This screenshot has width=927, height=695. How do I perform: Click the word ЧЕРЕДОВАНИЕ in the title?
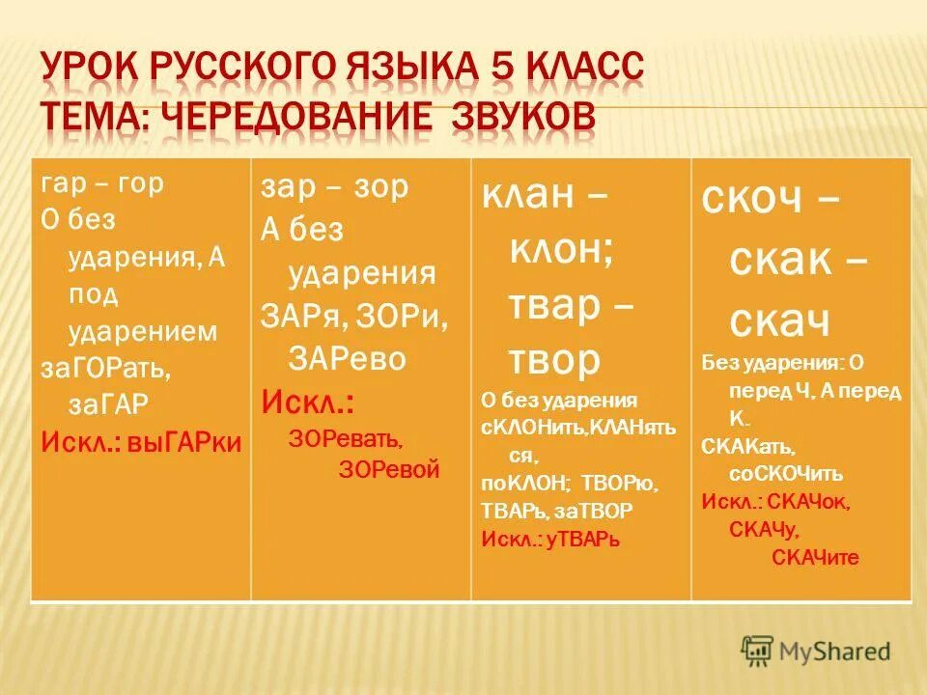point(293,116)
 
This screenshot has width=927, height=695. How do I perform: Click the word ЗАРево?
point(348,358)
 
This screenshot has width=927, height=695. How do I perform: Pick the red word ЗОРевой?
point(390,470)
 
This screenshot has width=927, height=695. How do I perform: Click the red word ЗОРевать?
point(346,439)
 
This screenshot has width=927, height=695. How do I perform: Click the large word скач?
point(780,321)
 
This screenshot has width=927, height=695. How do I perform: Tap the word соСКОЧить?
point(786,474)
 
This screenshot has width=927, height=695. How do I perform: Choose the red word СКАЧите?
point(815,558)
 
